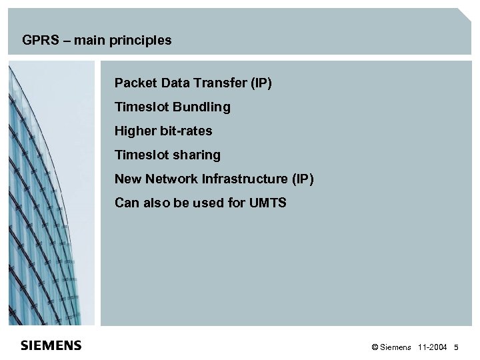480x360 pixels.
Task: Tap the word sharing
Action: pos(196,155)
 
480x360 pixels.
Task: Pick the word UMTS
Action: pos(267,203)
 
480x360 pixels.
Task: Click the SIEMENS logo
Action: pos(51,345)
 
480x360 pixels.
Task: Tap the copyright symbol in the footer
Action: pos(375,348)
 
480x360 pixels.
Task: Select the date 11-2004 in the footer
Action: pos(433,348)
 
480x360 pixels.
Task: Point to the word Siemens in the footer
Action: pos(396,348)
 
